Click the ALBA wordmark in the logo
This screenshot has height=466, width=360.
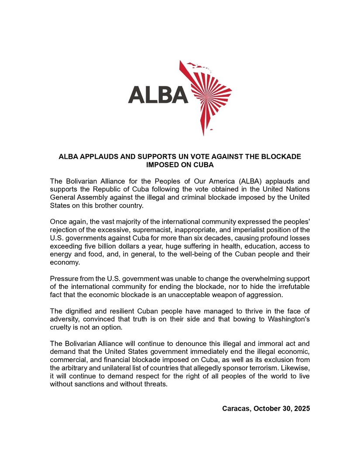(x=158, y=95)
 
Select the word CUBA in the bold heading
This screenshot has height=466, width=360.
(x=202, y=165)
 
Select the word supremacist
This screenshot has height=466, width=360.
(x=147, y=230)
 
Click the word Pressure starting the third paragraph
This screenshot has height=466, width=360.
(x=64, y=279)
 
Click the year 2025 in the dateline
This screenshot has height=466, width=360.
(x=302, y=409)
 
